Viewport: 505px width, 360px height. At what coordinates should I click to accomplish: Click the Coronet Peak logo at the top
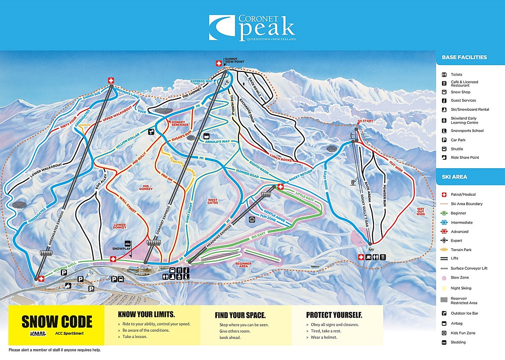point(252,28)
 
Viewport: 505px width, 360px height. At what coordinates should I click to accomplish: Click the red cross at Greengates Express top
point(111,81)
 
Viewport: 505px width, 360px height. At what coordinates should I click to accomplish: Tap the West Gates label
point(212,201)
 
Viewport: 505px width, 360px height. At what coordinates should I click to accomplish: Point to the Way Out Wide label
point(420,211)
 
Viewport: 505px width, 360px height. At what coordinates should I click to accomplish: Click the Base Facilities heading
point(464,58)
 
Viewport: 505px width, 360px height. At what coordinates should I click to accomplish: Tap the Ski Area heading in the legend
point(454,177)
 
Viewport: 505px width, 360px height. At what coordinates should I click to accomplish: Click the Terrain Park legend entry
point(461,250)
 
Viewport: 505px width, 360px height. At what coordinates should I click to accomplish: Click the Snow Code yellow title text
point(57,322)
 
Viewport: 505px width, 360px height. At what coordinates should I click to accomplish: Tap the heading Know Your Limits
point(146,315)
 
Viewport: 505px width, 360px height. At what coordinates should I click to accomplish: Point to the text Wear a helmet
point(324,337)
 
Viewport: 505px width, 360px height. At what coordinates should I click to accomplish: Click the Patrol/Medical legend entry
point(463,194)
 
